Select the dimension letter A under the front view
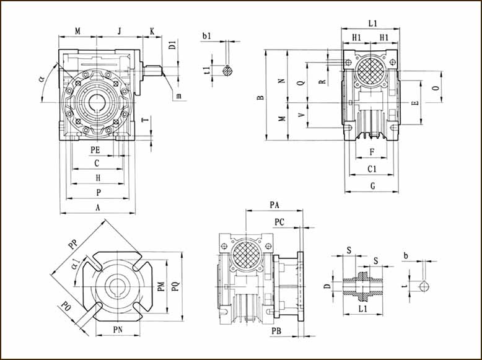(97, 208)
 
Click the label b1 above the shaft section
(207, 37)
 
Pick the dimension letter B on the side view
(261, 97)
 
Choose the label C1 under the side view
(372, 169)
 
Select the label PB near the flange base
(276, 331)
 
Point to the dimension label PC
(280, 222)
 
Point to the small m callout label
(178, 95)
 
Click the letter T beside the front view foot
(144, 120)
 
